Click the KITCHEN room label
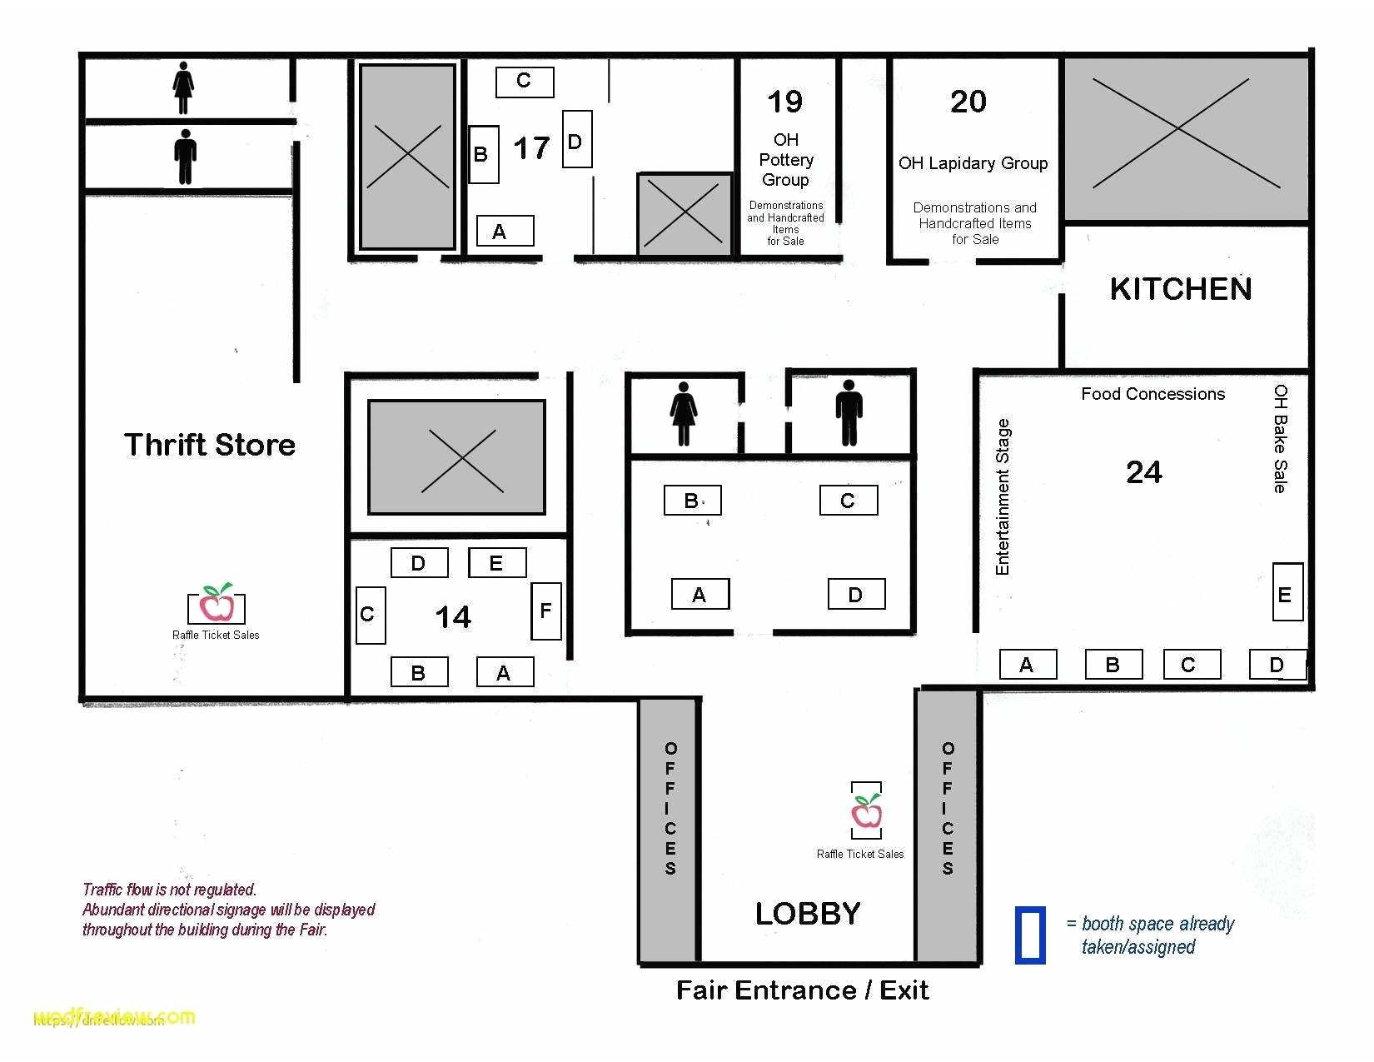point(1180,289)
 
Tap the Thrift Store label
point(210,445)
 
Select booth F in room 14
point(545,611)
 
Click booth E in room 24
point(1287,593)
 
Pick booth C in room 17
point(525,82)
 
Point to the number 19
point(784,102)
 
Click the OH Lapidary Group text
point(973,163)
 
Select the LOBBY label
point(807,914)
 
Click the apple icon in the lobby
point(866,810)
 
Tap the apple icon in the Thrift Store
point(217,603)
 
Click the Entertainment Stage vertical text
point(1003,497)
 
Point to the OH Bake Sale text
point(1280,438)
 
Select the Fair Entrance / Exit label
point(802,990)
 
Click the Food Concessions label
point(1152,394)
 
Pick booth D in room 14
point(419,563)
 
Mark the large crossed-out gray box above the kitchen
point(1185,132)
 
